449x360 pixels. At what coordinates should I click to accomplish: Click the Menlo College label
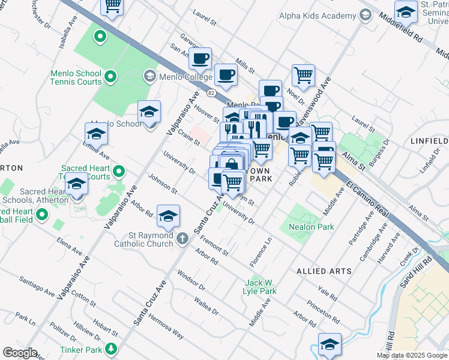coord(185,77)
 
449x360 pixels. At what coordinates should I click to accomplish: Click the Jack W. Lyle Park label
coord(261,287)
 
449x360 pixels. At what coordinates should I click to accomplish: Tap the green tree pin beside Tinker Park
coord(110,349)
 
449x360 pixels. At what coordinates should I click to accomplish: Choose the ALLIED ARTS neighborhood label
coord(324,271)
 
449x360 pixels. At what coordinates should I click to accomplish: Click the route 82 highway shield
coord(211,93)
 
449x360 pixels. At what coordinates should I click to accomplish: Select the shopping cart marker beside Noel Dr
coord(303,76)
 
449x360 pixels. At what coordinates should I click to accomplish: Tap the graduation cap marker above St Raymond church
coord(169,215)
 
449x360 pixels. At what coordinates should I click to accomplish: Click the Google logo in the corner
coord(20,353)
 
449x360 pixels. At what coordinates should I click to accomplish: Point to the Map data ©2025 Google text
coord(411,355)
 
